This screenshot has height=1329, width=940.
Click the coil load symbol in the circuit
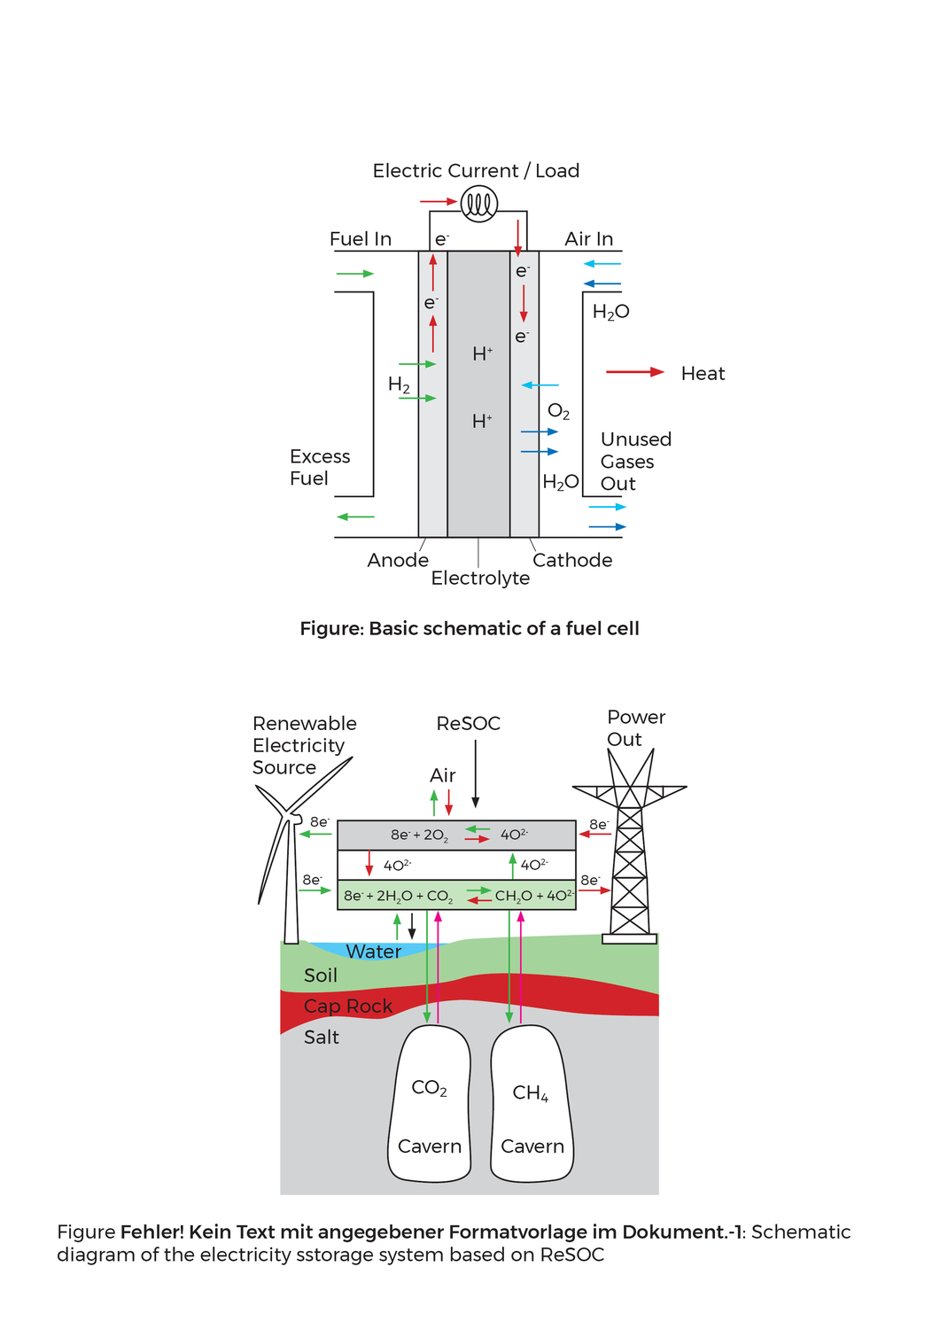[479, 204]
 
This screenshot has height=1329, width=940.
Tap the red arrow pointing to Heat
[634, 372]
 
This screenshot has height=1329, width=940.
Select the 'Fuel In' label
[360, 239]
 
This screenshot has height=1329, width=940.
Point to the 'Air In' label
[588, 239]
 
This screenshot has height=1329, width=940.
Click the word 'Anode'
[398, 560]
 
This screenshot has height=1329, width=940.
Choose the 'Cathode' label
[572, 560]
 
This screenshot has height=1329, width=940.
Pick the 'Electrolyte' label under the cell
[480, 579]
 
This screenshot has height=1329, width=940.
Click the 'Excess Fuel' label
[320, 468]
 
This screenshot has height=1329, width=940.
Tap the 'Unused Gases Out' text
[635, 462]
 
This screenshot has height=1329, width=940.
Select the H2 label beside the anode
[399, 385]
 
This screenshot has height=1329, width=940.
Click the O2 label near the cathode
[558, 412]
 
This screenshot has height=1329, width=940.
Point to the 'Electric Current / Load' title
[476, 171]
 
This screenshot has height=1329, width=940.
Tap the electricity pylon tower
[630, 851]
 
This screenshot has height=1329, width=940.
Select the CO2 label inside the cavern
[430, 1089]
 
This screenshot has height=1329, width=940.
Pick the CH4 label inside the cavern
[531, 1093]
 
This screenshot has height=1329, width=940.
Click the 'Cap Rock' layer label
[347, 1006]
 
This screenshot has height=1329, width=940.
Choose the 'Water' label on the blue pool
[373, 952]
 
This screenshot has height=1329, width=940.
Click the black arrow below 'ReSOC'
[476, 773]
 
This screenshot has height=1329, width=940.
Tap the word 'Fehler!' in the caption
[151, 1232]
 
